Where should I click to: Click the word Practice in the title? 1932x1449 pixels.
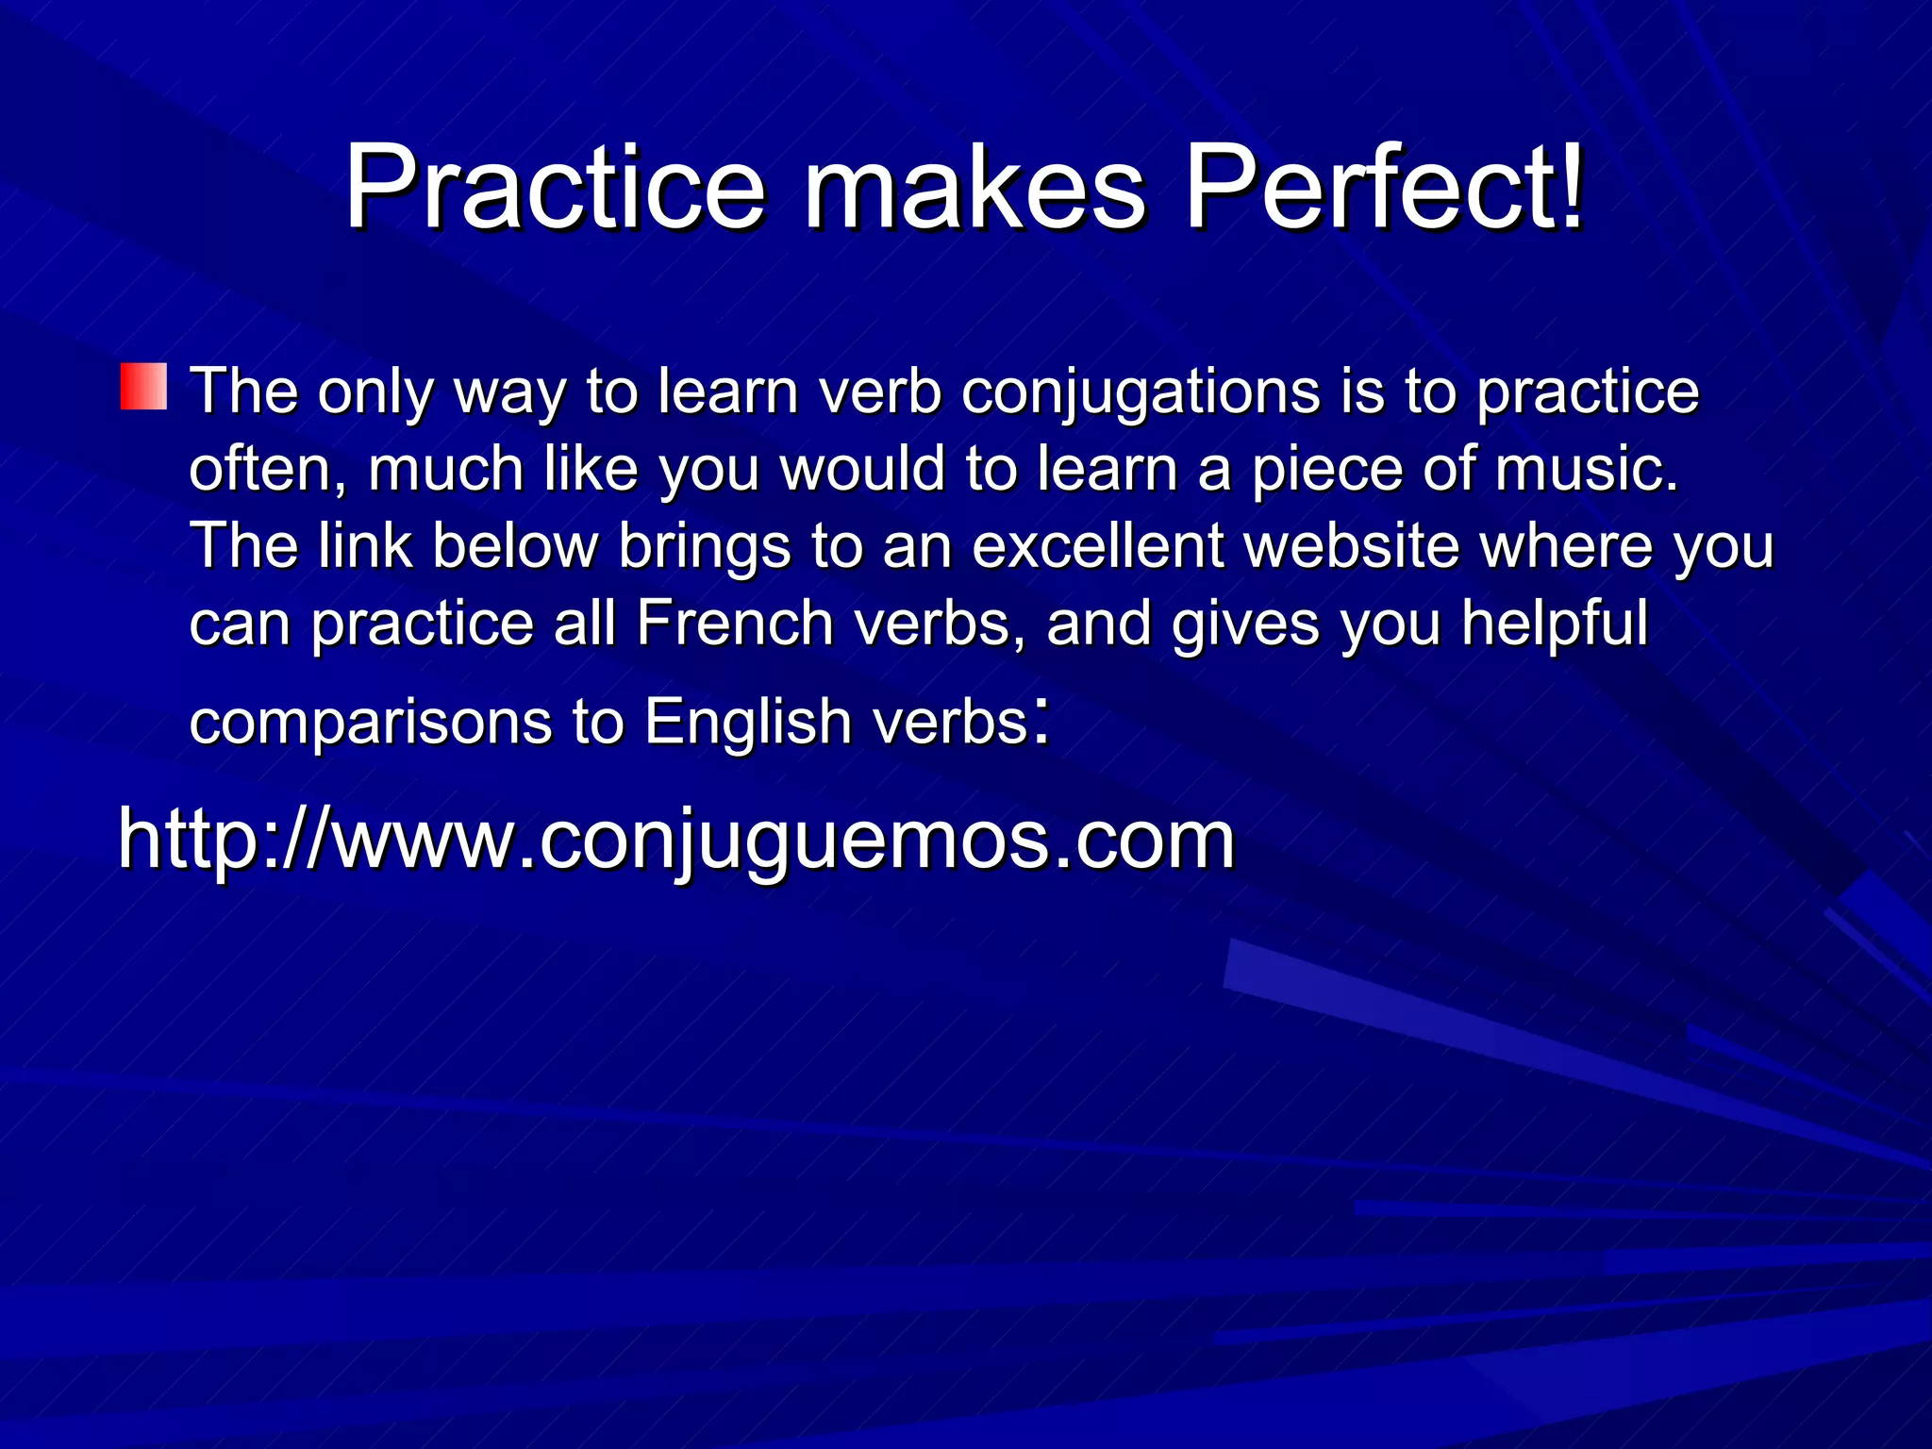point(555,189)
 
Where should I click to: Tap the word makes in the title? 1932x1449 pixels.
point(974,189)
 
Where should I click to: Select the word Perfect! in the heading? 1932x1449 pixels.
point(1384,189)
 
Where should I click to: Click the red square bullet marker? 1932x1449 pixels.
point(143,387)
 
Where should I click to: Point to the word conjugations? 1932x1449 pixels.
point(1141,392)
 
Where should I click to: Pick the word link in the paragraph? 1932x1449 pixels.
point(365,547)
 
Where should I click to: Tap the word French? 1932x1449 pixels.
point(734,625)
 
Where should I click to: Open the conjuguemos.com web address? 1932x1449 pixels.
point(676,840)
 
